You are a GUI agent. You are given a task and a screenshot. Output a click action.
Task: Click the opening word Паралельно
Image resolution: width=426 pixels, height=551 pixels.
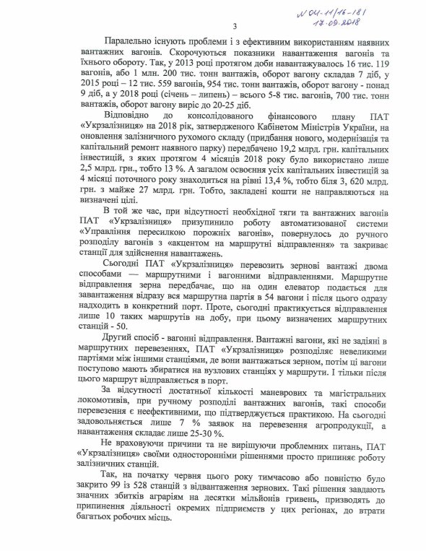[x=130, y=43]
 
